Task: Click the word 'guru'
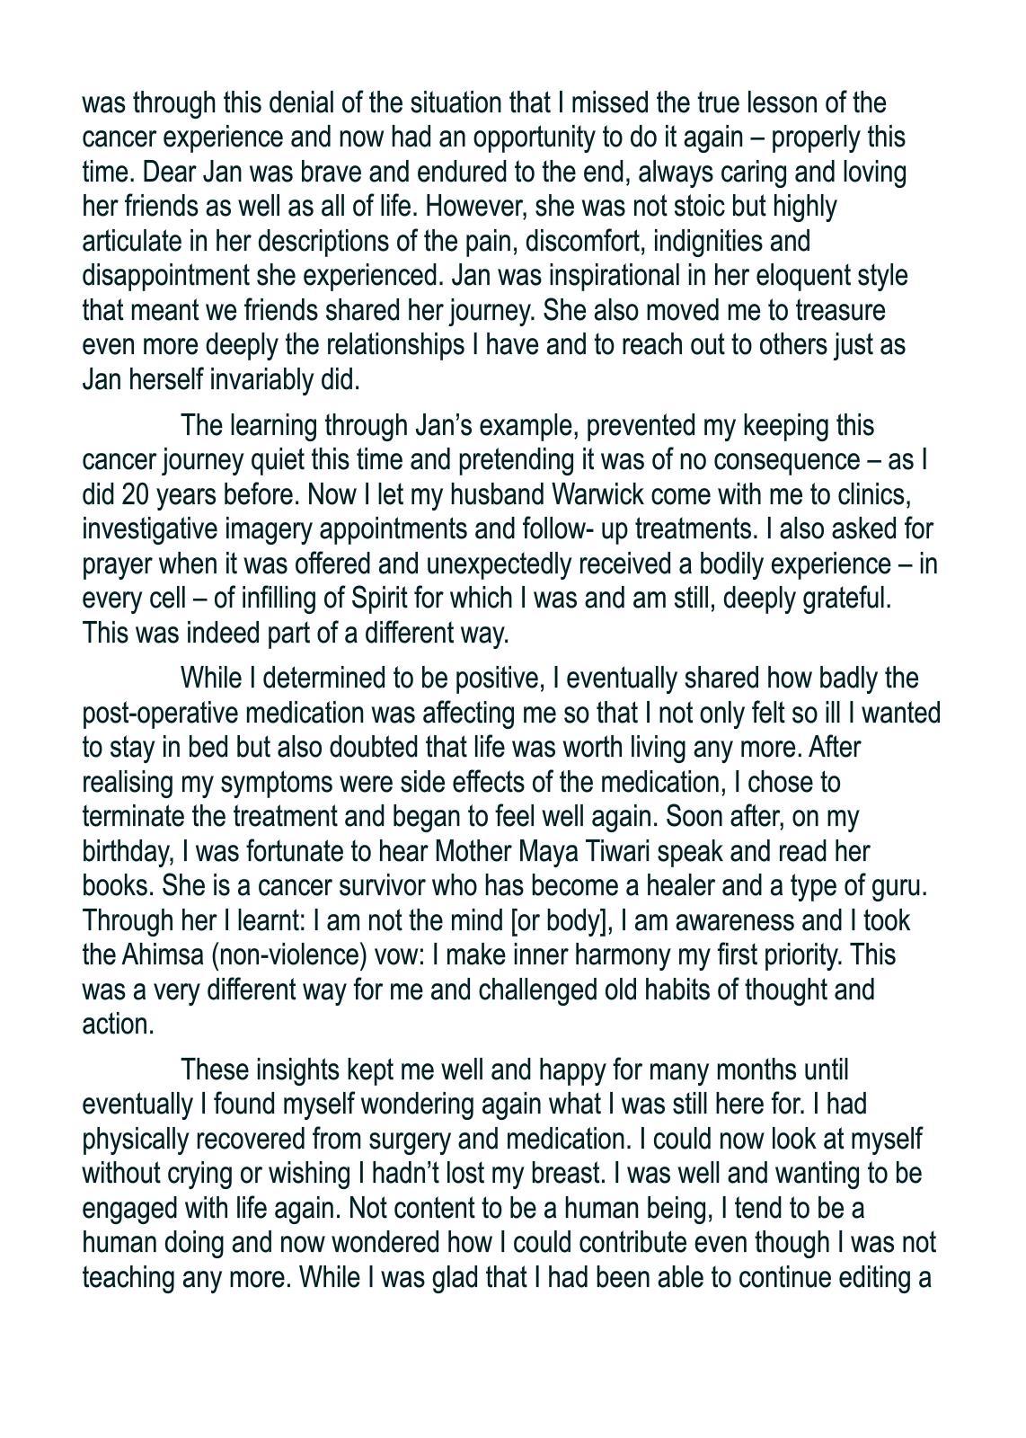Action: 898,886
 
